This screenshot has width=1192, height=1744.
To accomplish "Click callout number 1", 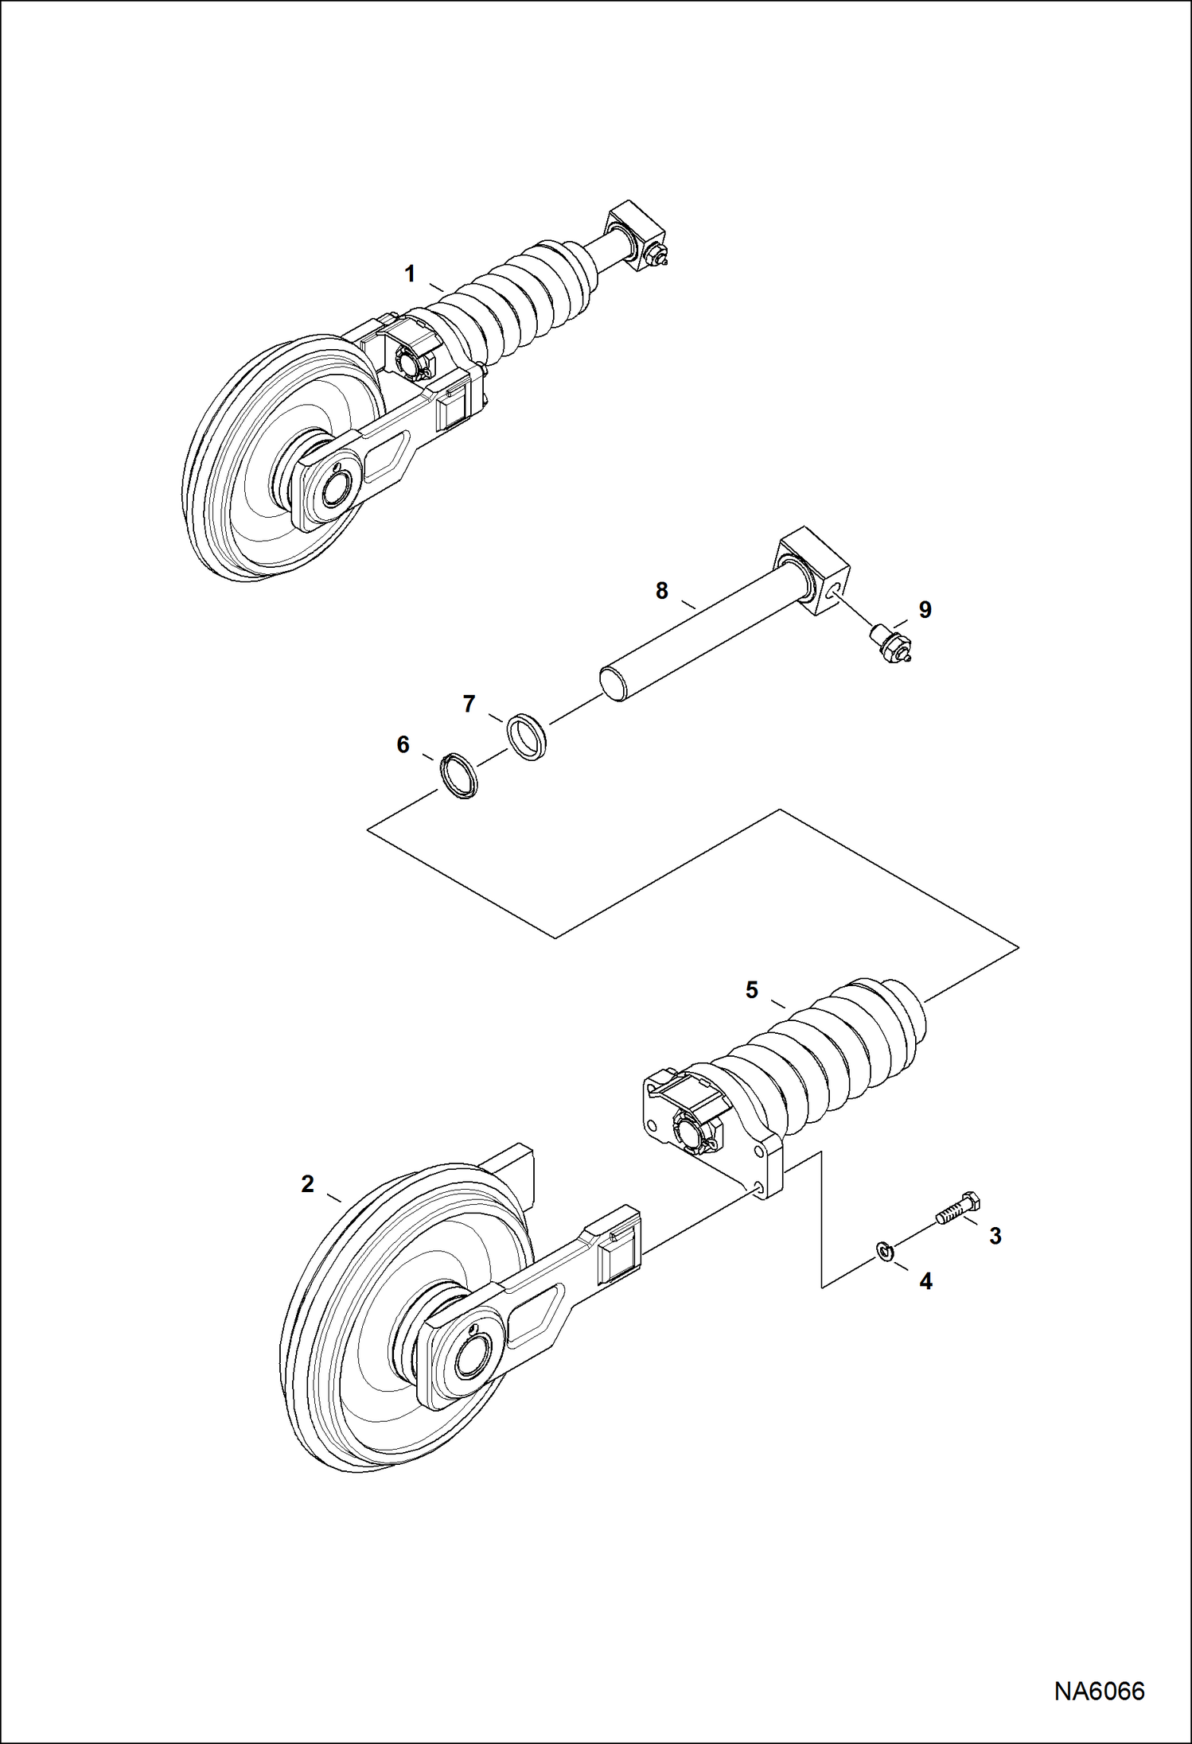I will pos(410,274).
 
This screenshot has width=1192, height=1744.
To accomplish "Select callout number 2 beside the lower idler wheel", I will pos(308,1184).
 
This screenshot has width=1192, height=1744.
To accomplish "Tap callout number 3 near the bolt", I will pos(995,1236).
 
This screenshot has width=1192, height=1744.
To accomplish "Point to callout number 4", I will pos(925,1281).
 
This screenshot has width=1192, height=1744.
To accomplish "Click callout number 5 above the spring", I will pos(752,990).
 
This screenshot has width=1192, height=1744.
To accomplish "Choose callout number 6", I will pos(403,744).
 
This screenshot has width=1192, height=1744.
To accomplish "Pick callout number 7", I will pos(469,704).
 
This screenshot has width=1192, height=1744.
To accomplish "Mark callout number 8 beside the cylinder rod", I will pos(662,591).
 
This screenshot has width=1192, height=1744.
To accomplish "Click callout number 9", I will pos(925,610).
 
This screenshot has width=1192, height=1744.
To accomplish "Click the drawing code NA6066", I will pos(1099,1691).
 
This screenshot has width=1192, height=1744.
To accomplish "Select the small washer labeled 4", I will pos(885,1251).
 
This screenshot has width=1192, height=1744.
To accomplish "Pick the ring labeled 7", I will pos(528,736).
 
